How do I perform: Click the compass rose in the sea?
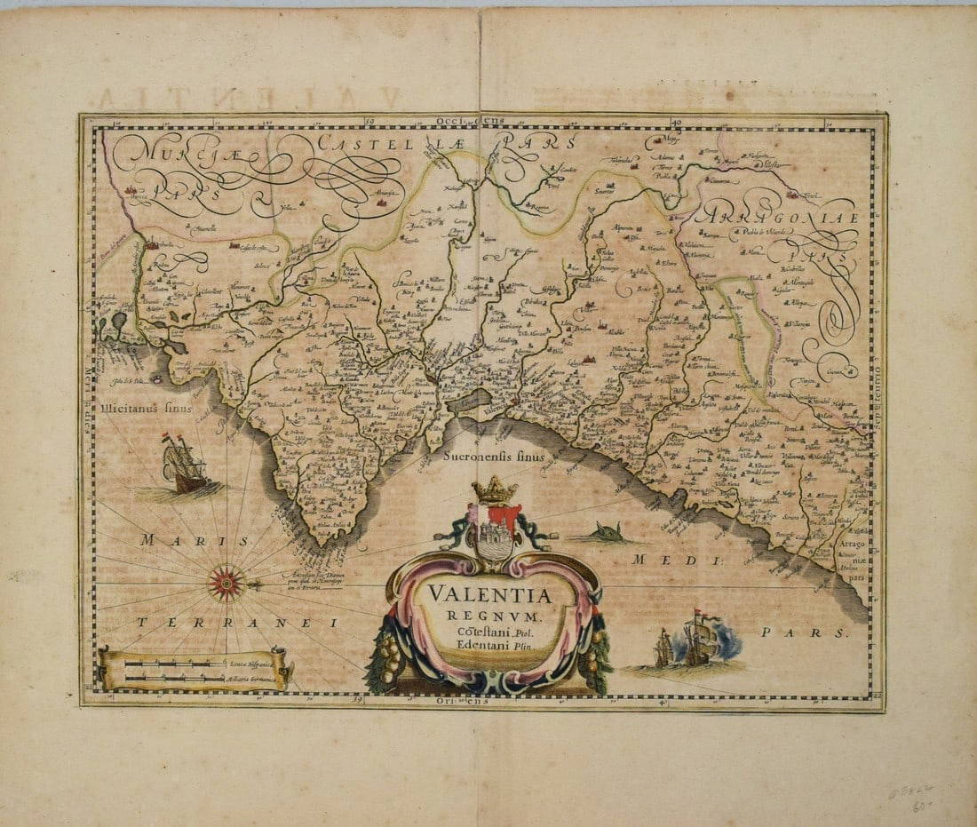tap(226, 583)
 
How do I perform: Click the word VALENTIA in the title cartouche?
tap(489, 594)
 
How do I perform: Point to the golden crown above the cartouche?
tap(495, 489)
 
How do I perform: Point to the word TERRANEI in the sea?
tap(236, 623)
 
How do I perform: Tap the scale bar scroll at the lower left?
tap(195, 670)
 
